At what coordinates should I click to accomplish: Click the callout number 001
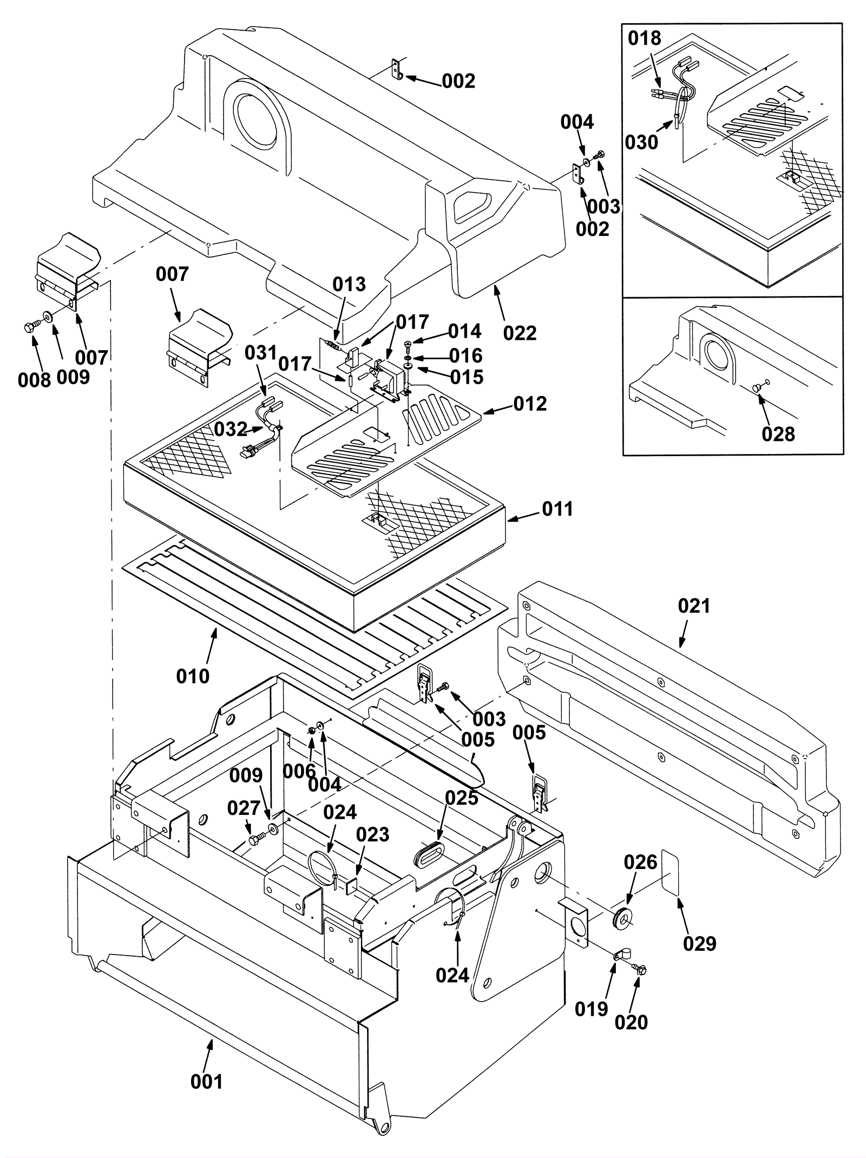206,1082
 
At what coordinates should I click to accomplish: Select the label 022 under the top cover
520,333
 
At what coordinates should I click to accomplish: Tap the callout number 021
693,606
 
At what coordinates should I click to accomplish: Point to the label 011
557,509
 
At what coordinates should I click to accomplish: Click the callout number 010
193,676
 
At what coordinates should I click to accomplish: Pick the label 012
530,404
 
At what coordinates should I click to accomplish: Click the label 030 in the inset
641,142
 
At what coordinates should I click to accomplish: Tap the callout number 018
644,38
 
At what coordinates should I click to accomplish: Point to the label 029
699,943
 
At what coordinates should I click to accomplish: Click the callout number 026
640,862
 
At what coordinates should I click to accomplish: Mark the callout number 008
34,380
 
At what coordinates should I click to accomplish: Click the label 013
349,284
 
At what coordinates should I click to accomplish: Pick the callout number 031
260,353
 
